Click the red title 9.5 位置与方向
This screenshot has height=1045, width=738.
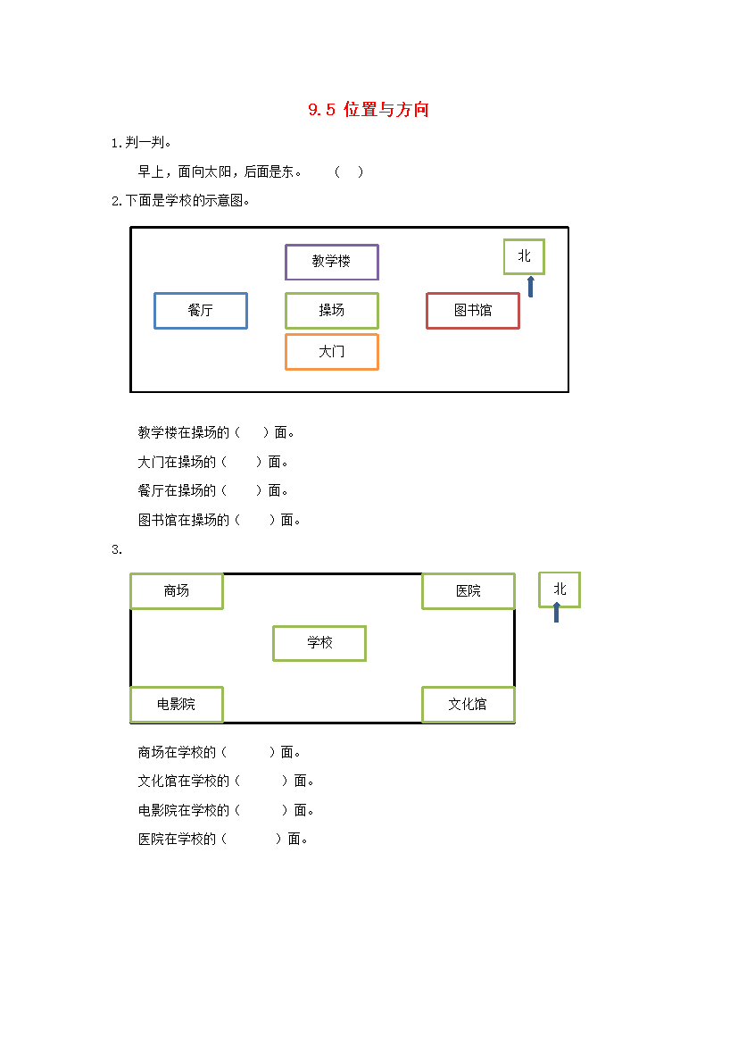tap(369, 109)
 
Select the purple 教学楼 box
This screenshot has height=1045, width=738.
tap(332, 245)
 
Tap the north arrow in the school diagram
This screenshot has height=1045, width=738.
tap(531, 287)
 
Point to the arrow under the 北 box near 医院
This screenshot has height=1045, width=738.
tap(556, 613)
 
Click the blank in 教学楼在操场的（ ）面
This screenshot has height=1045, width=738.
tap(252, 432)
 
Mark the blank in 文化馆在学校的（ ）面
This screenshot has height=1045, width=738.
tap(261, 782)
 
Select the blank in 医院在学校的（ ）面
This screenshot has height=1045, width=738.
tap(252, 839)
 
